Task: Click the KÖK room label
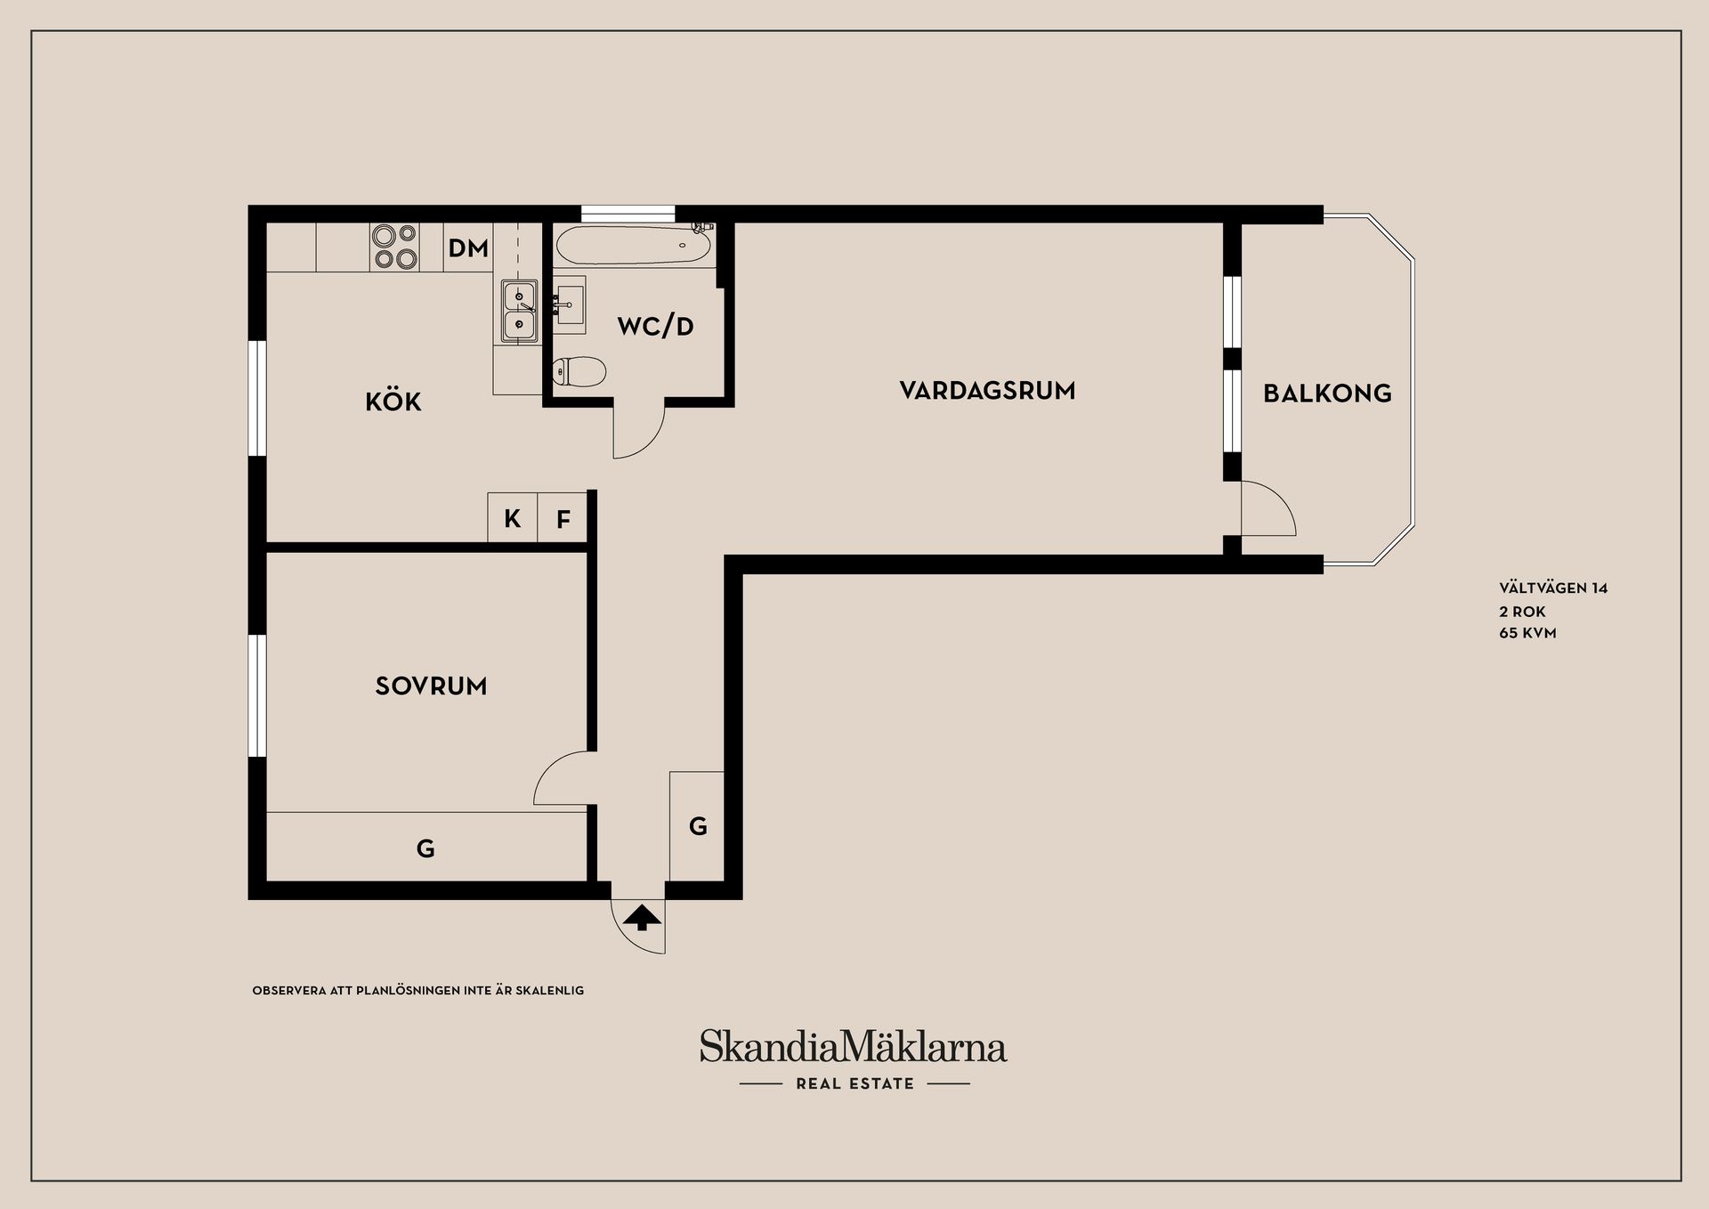[393, 402]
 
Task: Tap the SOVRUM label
[431, 686]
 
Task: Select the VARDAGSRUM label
[987, 391]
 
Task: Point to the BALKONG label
[1326, 394]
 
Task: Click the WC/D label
[655, 327]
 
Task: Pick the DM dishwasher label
[468, 248]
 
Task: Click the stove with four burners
[395, 247]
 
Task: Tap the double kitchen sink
[519, 311]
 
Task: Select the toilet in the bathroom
[579, 370]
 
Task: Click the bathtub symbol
[632, 246]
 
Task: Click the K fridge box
[512, 519]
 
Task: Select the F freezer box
[563, 519]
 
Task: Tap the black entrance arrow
[642, 917]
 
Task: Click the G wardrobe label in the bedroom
[425, 849]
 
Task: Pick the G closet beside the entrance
[698, 826]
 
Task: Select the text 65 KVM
[1527, 634]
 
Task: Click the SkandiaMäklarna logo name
[853, 1047]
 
